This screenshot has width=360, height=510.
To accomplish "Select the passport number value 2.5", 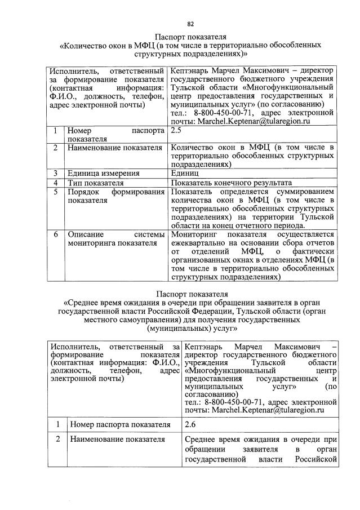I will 176,130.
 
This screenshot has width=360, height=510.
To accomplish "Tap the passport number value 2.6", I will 191,424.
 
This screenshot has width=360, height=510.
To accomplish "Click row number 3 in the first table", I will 55,174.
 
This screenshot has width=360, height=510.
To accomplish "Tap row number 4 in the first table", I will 55,183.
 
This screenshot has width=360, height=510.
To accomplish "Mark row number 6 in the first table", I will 55,234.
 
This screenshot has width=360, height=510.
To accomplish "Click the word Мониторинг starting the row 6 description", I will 194,234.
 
